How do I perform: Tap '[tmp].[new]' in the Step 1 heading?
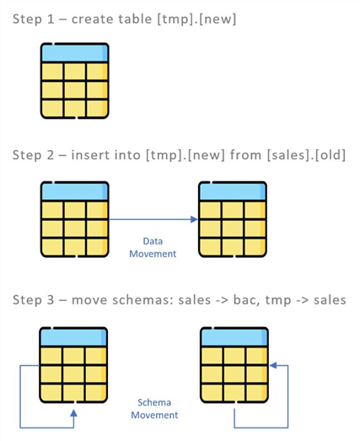[196, 19]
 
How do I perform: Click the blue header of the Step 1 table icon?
[74, 52]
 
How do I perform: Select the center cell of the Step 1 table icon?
[75, 90]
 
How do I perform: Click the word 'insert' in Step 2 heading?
[89, 155]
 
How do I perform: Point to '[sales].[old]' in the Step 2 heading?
[306, 155]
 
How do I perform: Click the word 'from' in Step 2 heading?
[246, 155]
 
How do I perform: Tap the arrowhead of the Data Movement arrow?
[194, 219]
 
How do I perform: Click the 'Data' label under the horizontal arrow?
[153, 241]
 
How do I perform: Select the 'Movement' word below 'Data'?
[153, 254]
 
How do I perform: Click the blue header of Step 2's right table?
[233, 191]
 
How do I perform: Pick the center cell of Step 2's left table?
[75, 229]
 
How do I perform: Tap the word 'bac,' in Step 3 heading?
[246, 300]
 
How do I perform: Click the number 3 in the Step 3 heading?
[51, 300]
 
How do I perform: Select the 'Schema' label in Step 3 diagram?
[154, 402]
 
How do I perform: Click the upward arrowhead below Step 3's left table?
[73, 413]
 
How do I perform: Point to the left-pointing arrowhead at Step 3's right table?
[273, 365]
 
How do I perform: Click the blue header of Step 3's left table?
[73, 337]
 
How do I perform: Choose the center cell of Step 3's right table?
[234, 374]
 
